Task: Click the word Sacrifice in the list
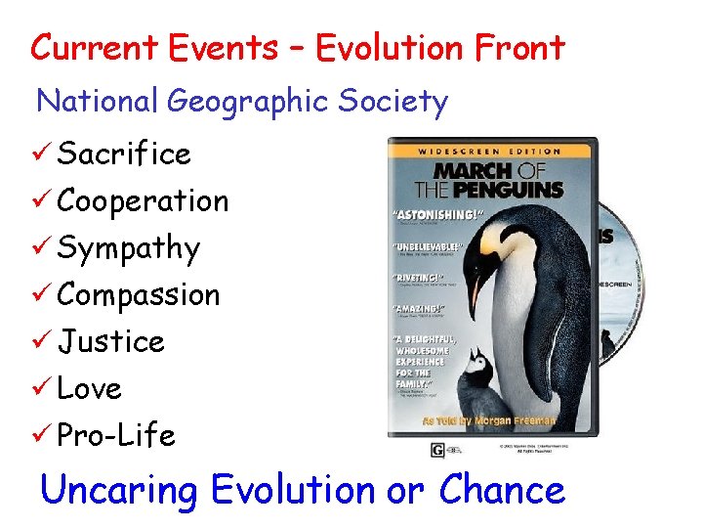tap(124, 154)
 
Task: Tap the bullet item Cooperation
tap(143, 200)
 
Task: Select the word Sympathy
tap(128, 248)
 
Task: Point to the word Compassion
tap(139, 294)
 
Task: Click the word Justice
tap(110, 341)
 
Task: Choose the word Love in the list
tap(89, 388)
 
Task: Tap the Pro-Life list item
tap(116, 435)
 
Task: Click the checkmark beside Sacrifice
tap(44, 154)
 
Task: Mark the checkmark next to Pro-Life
tap(44, 435)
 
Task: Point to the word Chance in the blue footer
tap(502, 489)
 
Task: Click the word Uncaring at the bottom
tap(120, 489)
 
